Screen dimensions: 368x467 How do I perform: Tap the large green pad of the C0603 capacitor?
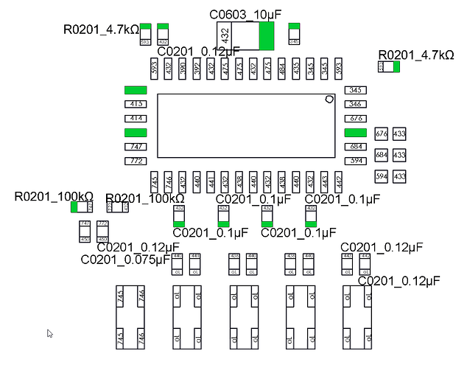coord(267,36)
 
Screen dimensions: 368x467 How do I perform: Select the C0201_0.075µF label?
coord(124,260)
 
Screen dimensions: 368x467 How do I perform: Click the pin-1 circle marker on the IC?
coord(329,99)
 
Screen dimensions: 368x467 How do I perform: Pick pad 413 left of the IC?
coord(136,104)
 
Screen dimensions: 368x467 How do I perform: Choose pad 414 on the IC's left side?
coord(136,118)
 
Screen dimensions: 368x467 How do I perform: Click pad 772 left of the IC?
coord(136,161)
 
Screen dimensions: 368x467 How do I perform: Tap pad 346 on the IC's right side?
coord(356,104)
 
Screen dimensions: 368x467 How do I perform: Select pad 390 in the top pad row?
coord(183,69)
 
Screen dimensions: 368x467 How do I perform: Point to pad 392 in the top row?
coord(197,69)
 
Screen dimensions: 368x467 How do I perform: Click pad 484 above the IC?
coord(281,69)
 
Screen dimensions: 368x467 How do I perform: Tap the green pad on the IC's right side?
coord(356,132)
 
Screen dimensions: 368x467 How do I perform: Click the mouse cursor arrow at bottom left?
coord(50,333)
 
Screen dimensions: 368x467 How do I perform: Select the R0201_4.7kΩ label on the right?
coord(416,55)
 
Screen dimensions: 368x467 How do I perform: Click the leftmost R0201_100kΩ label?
coord(54,196)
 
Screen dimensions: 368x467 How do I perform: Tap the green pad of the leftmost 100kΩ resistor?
coord(74,206)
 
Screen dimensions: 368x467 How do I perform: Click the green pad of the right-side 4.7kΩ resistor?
coord(396,67)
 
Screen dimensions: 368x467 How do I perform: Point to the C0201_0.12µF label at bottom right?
coord(399,281)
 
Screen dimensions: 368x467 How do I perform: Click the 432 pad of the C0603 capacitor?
coord(226,36)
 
